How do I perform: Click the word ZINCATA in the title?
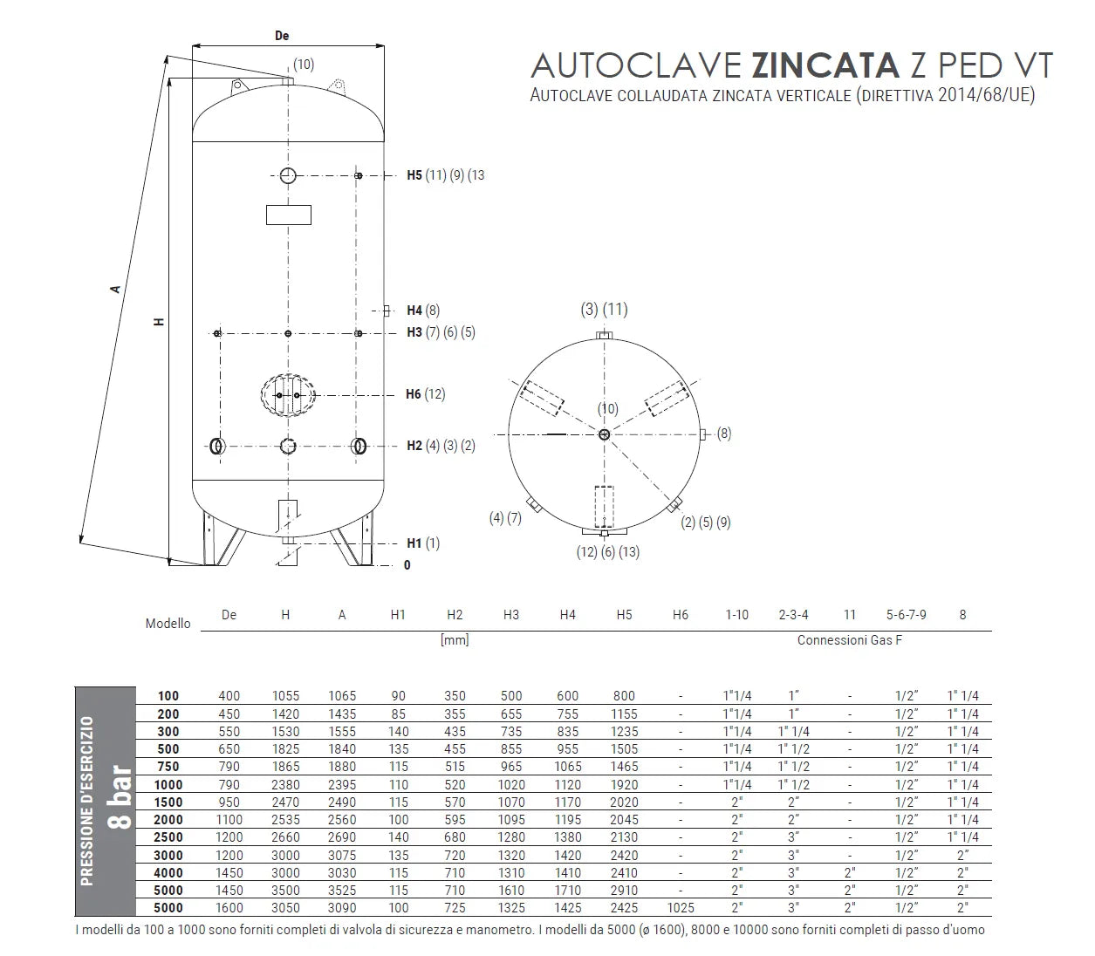(x=825, y=65)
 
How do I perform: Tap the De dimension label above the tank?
(x=282, y=35)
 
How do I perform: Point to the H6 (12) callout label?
(x=426, y=394)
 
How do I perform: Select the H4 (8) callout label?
(x=423, y=311)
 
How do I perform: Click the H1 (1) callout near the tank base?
(x=423, y=543)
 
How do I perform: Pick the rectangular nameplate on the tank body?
(x=289, y=215)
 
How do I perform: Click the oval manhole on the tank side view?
(x=288, y=395)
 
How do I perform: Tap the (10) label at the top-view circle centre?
(x=608, y=409)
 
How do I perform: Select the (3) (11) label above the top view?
(x=605, y=309)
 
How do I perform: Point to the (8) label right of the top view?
(x=724, y=434)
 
